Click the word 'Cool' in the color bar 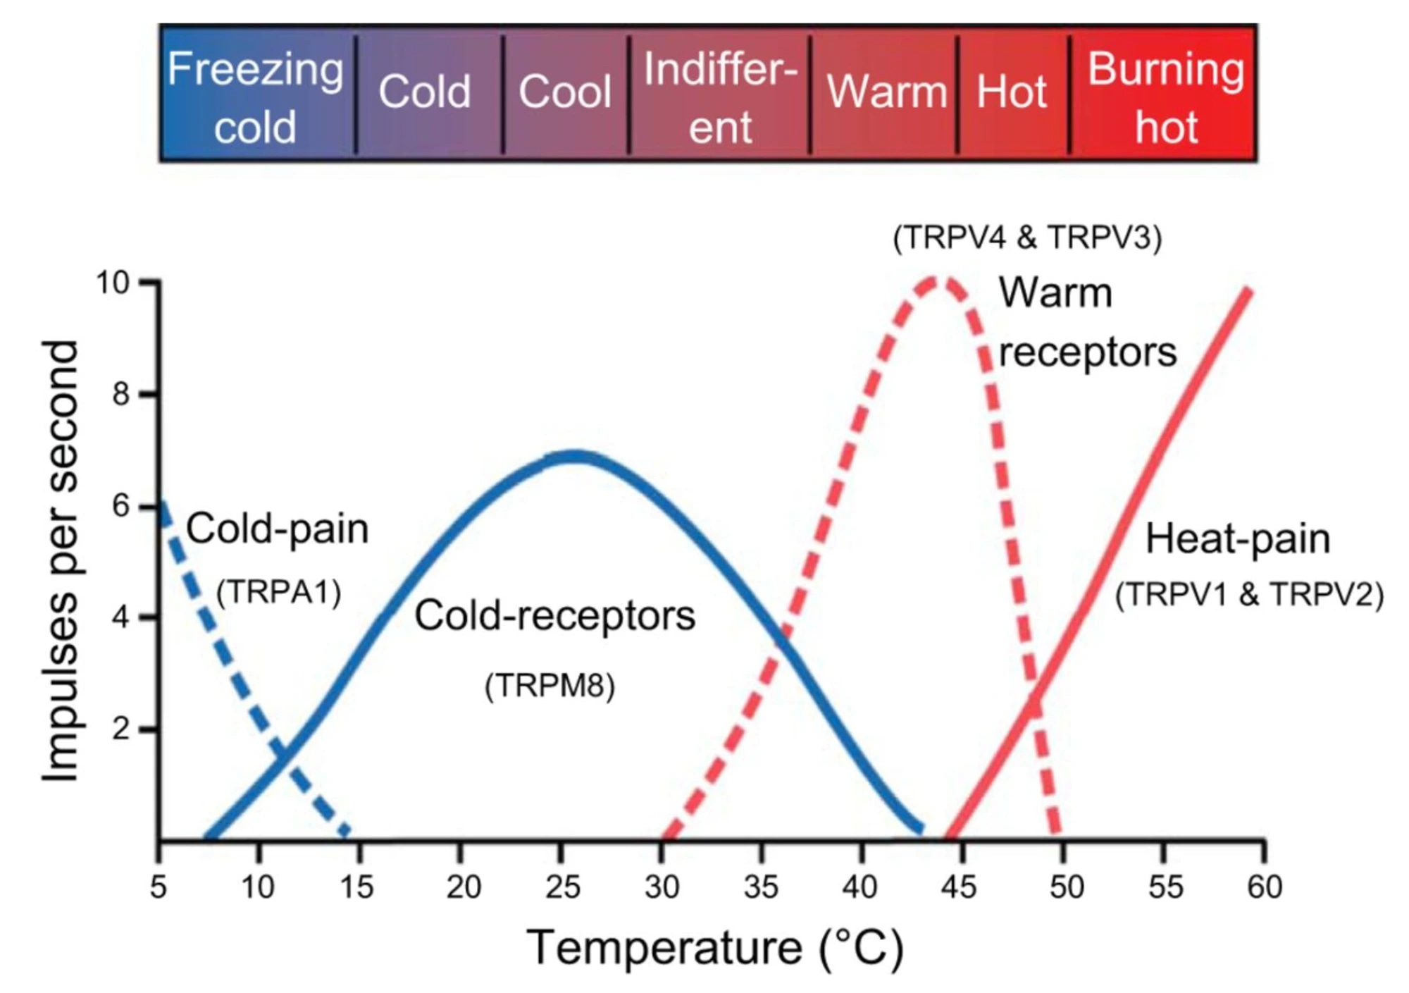[565, 92]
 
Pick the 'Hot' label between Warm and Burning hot [1012, 92]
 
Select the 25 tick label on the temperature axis [562, 887]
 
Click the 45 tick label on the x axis [959, 887]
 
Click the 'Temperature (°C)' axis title [714, 948]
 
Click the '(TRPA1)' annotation [279, 592]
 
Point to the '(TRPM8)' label [550, 685]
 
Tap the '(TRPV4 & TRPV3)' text [1027, 238]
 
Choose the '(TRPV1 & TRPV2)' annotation [1249, 594]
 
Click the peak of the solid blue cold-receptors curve [576, 456]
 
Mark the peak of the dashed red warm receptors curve [939, 281]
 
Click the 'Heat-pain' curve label [1238, 539]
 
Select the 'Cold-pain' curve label [277, 529]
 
